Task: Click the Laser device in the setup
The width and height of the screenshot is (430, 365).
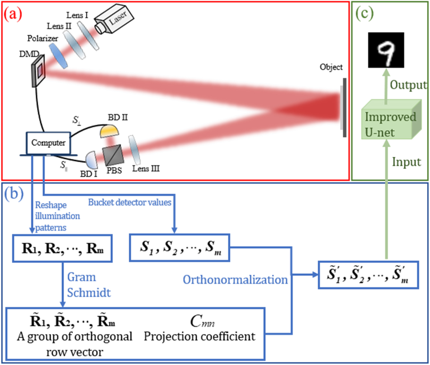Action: click(114, 20)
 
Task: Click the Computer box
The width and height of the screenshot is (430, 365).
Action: click(48, 143)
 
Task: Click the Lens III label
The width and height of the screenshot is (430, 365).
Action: click(146, 168)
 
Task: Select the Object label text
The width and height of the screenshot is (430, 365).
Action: click(331, 67)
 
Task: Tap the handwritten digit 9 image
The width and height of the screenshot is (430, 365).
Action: click(386, 50)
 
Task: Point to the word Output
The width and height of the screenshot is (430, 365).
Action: click(408, 85)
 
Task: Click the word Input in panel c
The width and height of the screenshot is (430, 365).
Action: click(406, 162)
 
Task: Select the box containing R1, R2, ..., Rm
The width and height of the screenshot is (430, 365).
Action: click(62, 248)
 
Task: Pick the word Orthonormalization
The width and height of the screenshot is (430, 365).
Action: click(235, 280)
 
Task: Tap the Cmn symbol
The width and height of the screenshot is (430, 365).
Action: click(202, 321)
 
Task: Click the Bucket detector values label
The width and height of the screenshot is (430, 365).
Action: click(130, 202)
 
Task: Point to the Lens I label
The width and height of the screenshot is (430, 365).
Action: click(77, 15)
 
